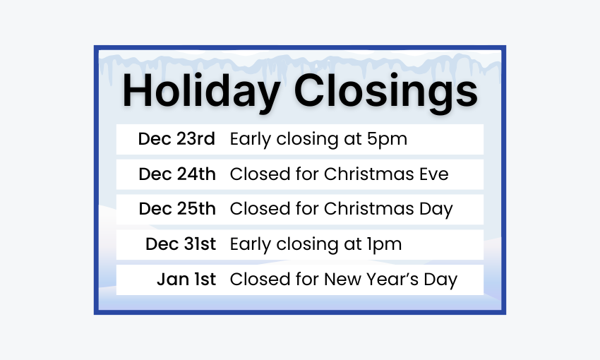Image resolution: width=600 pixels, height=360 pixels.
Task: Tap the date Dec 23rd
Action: click(176, 139)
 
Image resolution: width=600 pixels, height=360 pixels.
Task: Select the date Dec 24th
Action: click(177, 174)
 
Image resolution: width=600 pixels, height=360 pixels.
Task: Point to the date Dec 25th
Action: click(177, 210)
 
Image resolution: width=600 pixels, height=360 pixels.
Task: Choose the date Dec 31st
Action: click(181, 245)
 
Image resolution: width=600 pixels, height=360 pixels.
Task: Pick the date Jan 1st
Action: click(186, 280)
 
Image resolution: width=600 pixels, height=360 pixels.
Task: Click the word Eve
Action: click(433, 174)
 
